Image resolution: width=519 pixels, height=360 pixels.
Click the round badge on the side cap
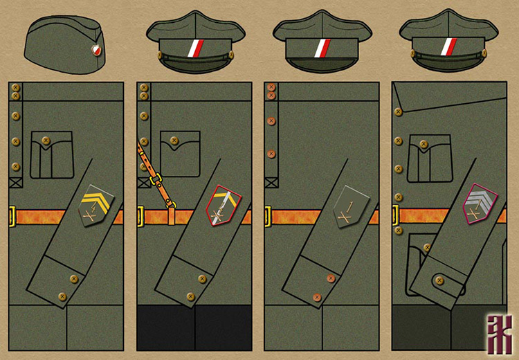(x=96, y=49)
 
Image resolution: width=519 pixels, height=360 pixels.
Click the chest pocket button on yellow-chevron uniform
(x=46, y=141)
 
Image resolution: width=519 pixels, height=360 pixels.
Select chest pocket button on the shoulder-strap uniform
(x=174, y=141)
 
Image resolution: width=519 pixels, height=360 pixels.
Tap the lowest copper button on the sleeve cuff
(x=317, y=297)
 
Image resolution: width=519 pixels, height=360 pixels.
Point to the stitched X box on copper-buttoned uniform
(x=271, y=183)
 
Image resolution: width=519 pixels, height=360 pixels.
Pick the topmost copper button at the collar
(x=271, y=87)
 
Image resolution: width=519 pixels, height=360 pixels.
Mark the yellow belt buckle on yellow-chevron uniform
(x=12, y=216)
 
